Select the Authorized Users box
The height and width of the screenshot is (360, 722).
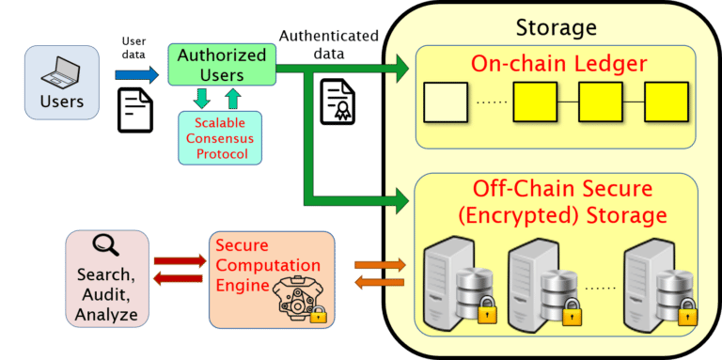(223, 63)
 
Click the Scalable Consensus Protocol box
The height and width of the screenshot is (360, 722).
(221, 137)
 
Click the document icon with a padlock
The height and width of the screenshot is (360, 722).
(337, 102)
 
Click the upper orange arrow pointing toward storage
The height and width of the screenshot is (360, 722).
(380, 265)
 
